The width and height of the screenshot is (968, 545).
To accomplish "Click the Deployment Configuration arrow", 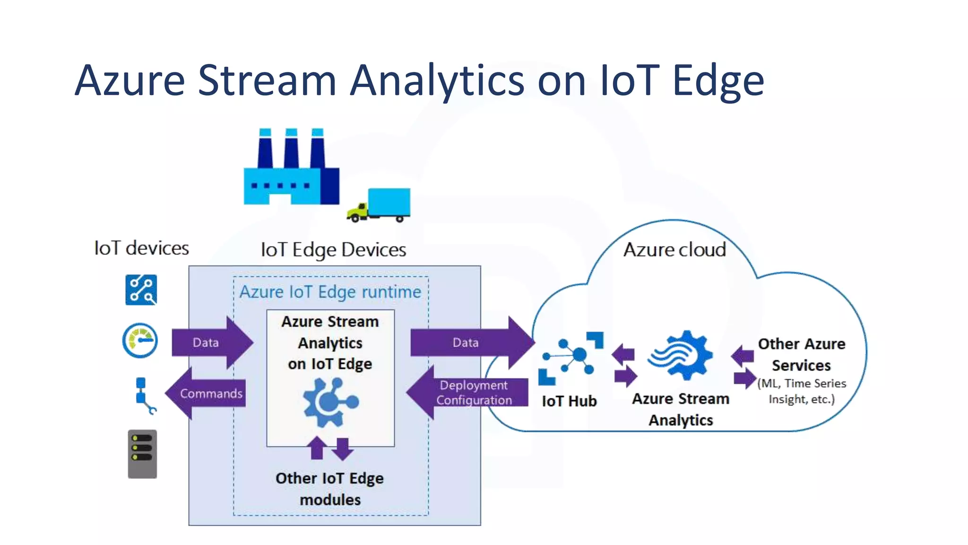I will (x=468, y=393).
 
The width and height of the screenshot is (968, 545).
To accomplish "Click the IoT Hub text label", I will (x=569, y=401).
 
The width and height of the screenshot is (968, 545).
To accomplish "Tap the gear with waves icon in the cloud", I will (x=681, y=356).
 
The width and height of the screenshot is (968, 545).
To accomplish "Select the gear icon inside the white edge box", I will (x=330, y=402).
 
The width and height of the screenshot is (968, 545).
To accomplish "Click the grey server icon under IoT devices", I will (x=142, y=454).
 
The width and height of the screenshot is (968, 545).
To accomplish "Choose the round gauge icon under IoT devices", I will (x=140, y=340).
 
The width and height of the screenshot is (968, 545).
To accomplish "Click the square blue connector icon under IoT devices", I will (x=141, y=290).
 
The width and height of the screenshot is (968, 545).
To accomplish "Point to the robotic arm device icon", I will (x=144, y=396).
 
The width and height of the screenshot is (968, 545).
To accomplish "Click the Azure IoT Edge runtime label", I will (x=330, y=292).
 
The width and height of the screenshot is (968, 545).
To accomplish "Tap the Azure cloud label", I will (x=674, y=249).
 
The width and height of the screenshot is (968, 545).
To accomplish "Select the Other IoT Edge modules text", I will (x=330, y=489).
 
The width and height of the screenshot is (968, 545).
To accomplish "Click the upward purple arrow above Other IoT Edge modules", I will (x=317, y=448).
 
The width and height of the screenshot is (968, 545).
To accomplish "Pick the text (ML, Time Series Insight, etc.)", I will (x=802, y=391).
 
